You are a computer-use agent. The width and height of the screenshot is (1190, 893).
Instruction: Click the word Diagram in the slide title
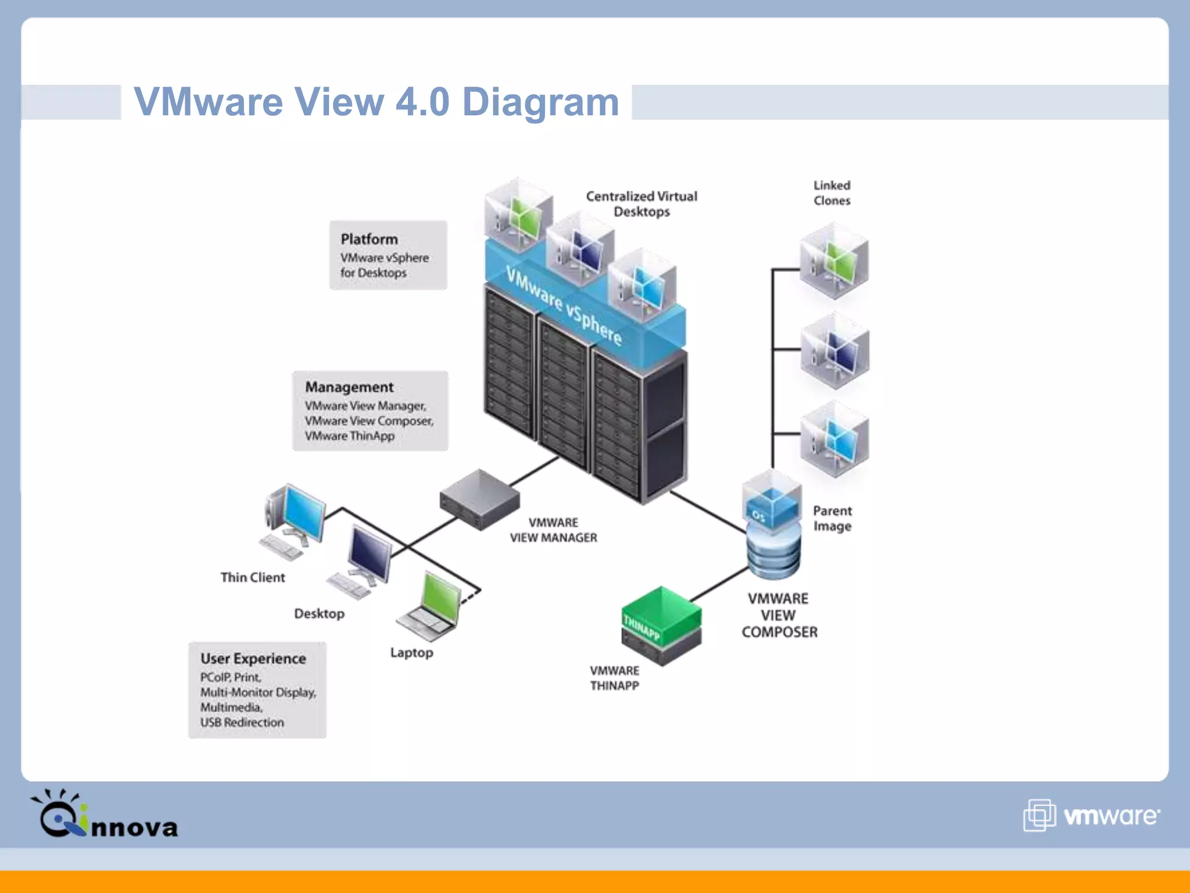click(540, 102)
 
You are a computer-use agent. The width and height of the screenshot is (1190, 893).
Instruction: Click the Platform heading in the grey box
click(369, 239)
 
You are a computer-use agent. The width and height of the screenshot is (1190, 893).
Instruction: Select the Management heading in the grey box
click(349, 387)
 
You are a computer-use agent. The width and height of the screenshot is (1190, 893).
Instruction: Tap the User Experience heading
click(253, 659)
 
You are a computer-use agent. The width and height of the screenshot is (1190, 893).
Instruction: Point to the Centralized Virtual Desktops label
click(641, 204)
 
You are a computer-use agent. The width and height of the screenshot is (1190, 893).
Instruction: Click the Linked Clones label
click(831, 193)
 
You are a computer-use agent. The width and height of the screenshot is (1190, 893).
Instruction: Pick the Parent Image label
click(832, 519)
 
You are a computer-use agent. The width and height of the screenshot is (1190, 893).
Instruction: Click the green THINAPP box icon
click(661, 625)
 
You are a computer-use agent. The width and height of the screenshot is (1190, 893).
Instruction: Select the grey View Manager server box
click(479, 499)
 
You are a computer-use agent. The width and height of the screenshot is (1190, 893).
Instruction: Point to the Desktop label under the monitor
click(319, 614)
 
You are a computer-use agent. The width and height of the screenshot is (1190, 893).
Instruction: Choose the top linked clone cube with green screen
click(834, 261)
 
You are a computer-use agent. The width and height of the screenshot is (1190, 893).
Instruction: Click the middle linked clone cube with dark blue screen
click(834, 351)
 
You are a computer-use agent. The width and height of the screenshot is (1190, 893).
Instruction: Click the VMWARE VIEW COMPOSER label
click(779, 615)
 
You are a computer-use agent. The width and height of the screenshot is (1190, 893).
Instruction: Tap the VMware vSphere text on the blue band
click(564, 305)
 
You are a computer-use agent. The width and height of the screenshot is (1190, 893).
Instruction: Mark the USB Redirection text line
click(242, 723)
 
